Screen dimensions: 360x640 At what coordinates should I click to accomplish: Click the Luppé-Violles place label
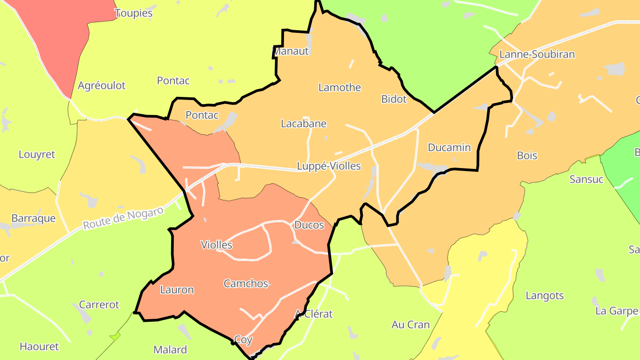pyautogui.click(x=329, y=166)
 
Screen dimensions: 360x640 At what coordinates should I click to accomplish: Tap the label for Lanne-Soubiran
pyautogui.click(x=537, y=55)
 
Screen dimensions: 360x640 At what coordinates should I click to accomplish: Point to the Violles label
pyautogui.click(x=216, y=245)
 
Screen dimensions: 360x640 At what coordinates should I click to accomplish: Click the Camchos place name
pyautogui.click(x=246, y=284)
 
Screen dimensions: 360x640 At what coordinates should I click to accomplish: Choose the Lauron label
pyautogui.click(x=177, y=290)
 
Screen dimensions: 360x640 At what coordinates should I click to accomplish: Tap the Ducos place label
pyautogui.click(x=309, y=225)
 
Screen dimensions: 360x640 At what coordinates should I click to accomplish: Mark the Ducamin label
pyautogui.click(x=449, y=148)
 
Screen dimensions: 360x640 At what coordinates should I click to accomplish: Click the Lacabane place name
pyautogui.click(x=304, y=124)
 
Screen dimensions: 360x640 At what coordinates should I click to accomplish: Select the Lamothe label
pyautogui.click(x=340, y=88)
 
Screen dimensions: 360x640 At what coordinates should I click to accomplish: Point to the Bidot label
pyautogui.click(x=394, y=99)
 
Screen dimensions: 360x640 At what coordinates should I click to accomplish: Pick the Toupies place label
pyautogui.click(x=133, y=13)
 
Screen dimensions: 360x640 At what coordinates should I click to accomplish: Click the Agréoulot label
pyautogui.click(x=102, y=86)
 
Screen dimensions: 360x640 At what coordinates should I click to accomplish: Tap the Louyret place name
pyautogui.click(x=37, y=155)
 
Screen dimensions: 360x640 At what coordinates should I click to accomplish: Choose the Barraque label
pyautogui.click(x=33, y=219)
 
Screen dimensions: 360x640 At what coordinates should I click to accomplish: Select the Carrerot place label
pyautogui.click(x=99, y=305)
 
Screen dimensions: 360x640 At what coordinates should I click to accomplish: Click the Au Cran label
pyautogui.click(x=411, y=325)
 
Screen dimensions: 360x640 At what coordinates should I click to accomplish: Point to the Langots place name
pyautogui.click(x=544, y=296)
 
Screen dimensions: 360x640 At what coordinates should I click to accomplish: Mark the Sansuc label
pyautogui.click(x=586, y=180)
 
